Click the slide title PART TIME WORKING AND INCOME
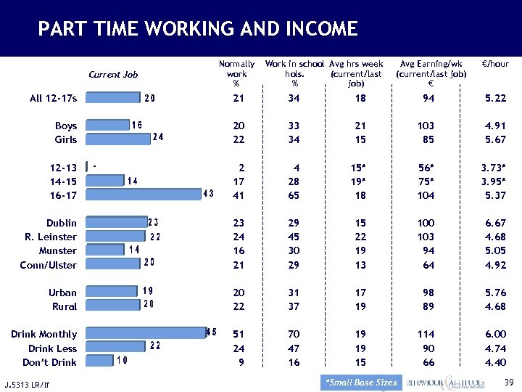click(197, 29)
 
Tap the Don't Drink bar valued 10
click(99, 361)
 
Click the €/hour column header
click(495, 64)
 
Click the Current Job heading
click(112, 74)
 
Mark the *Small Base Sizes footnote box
click(361, 383)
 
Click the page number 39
click(508, 383)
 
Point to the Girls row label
click(65, 139)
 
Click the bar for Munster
click(104, 250)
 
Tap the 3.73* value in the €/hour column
click(494, 168)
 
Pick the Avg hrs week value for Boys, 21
click(360, 126)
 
